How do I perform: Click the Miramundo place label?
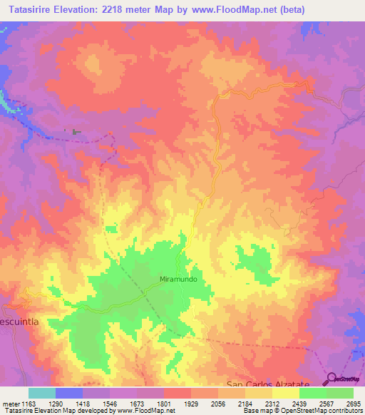pos(178,280)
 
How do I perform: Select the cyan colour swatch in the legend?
pos(42,393)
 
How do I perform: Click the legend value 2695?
pos(354,404)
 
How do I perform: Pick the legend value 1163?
pos(29,404)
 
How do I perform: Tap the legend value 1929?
pos(192,404)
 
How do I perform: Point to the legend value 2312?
pos(273,404)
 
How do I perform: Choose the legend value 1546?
pos(110,404)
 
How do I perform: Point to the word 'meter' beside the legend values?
pos(10,404)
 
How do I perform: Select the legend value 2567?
pos(327,404)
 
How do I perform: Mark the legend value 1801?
pos(165,404)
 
